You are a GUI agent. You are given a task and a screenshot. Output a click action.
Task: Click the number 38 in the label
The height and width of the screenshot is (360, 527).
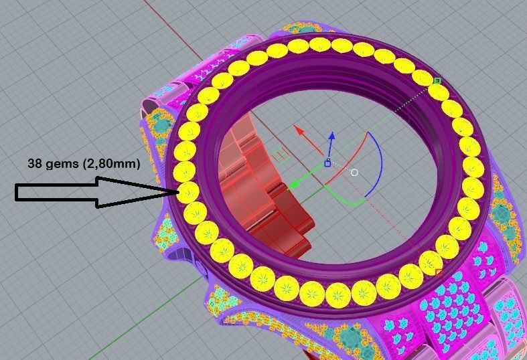35,163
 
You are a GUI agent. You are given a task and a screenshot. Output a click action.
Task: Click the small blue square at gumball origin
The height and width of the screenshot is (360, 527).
327,163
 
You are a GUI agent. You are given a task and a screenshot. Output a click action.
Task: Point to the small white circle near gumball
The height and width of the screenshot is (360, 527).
354,173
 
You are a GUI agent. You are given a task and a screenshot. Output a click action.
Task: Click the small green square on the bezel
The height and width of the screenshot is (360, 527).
437,81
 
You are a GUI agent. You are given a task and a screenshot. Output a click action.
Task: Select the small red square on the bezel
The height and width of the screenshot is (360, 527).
439,273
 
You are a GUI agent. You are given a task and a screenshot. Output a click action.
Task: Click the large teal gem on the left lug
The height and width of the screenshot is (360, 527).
161,124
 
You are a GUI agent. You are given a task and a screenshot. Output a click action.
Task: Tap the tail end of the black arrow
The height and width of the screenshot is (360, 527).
17,193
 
